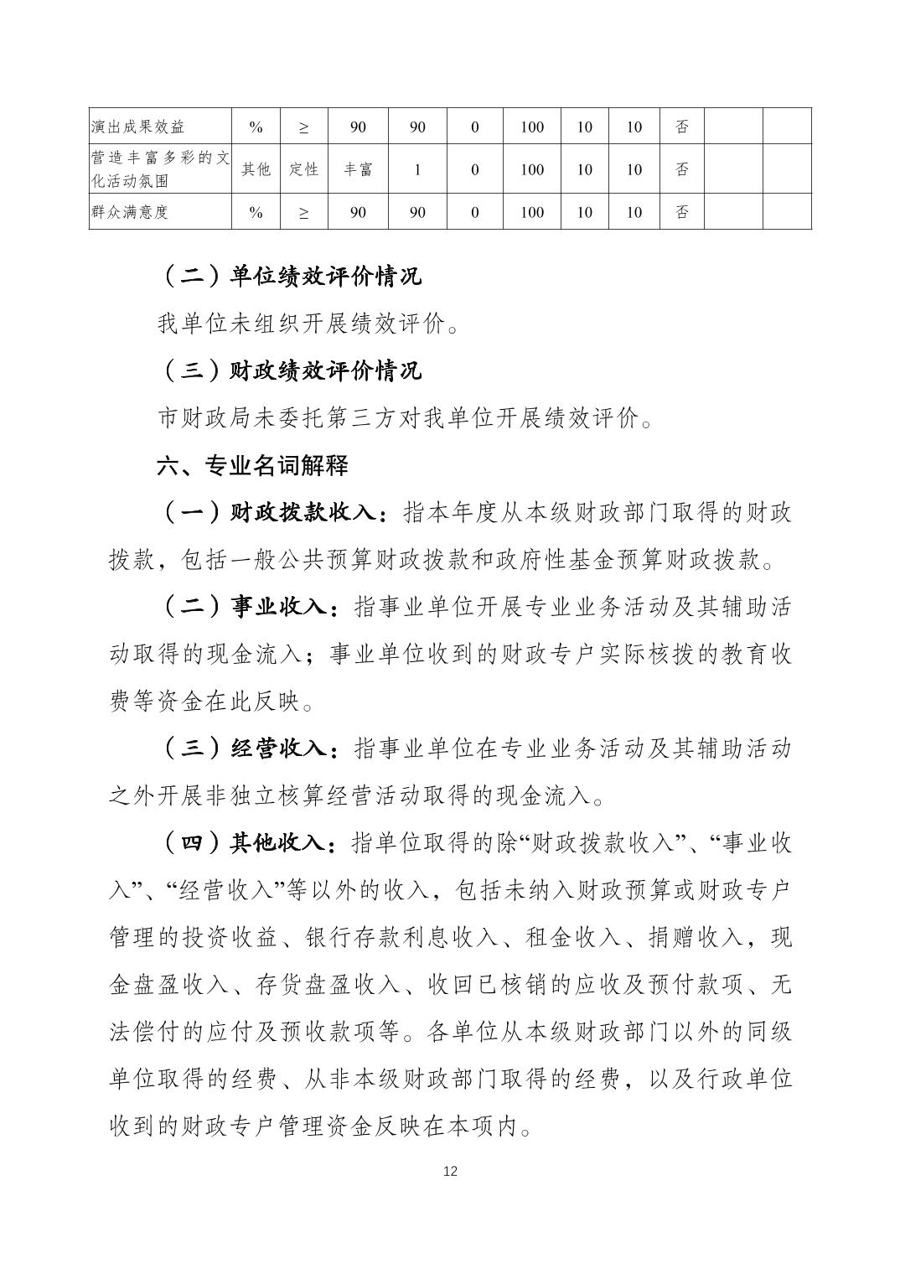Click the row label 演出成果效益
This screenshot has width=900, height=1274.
(x=137, y=127)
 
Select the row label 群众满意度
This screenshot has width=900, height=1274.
(x=130, y=212)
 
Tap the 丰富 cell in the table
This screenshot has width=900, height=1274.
(x=358, y=169)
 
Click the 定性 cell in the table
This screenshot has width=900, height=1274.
(x=303, y=169)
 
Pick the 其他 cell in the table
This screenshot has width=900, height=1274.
(x=256, y=169)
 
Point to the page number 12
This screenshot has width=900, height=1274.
(x=450, y=1171)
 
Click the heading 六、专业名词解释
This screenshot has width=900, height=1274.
(x=252, y=466)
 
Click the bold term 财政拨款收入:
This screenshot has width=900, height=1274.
(x=309, y=513)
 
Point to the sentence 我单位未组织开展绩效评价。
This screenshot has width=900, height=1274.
(x=308, y=324)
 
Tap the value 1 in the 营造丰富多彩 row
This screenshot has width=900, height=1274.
(x=417, y=169)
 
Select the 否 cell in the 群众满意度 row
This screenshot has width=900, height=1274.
(x=682, y=212)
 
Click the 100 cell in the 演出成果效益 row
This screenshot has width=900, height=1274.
(x=532, y=127)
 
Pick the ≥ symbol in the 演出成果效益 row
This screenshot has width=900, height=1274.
(x=303, y=127)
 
